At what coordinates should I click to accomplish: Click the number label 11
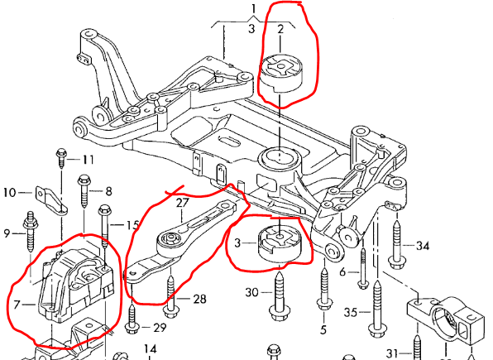[88, 159]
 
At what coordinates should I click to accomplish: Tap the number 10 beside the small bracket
[11, 193]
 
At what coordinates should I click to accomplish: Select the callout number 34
[423, 246]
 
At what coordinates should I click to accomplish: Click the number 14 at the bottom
[150, 348]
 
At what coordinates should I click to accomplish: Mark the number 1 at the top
[254, 9]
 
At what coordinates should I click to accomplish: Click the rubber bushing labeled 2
[280, 74]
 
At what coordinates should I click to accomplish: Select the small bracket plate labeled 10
[50, 195]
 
